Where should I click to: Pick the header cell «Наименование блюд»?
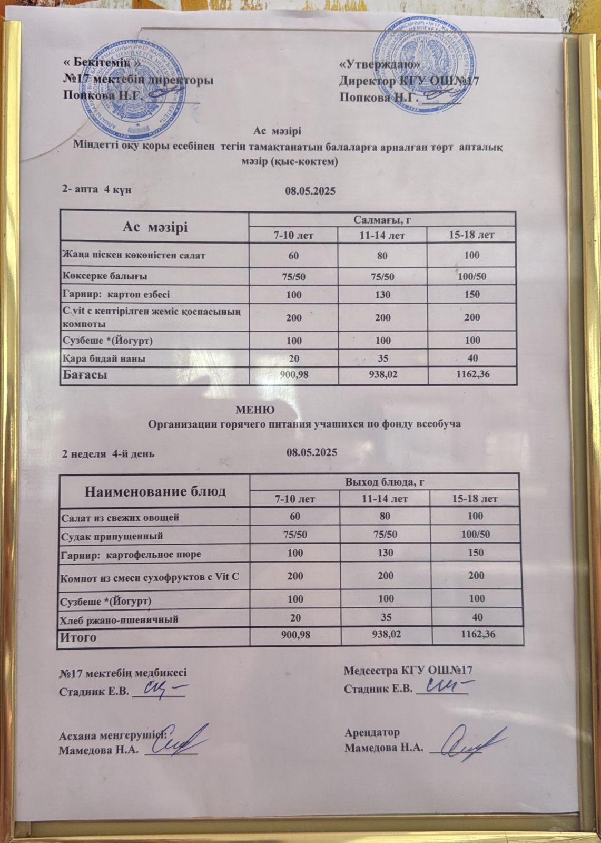tap(155, 491)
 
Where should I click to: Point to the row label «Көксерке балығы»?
tap(104, 276)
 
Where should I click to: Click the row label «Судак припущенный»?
tap(112, 536)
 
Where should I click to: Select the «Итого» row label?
tap(79, 637)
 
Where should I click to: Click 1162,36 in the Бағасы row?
tap(472, 375)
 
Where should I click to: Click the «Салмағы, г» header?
tap(382, 219)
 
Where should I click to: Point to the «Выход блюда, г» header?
tap(385, 482)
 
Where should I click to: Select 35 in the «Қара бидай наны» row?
tap(382, 358)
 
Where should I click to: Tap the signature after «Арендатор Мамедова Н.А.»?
tap(471, 743)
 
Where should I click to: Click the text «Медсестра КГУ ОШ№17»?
tap(408, 671)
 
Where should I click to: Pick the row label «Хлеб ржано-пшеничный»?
tap(120, 619)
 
